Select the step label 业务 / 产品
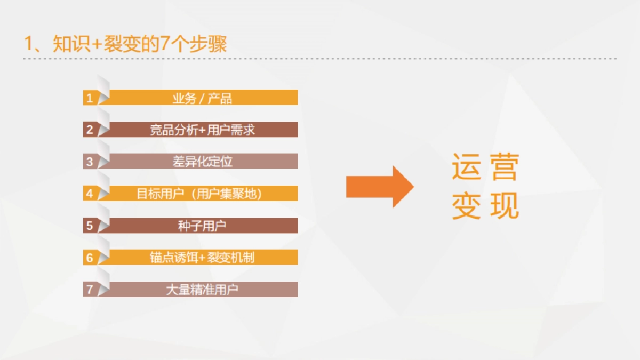tap(202, 98)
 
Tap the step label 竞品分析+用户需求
tap(202, 130)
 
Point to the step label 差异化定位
tap(202, 162)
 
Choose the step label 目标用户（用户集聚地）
tap(199, 194)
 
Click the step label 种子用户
tap(202, 226)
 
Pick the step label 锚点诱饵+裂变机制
tap(202, 258)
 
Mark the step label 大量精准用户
tap(202, 290)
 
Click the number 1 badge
tap(90, 98)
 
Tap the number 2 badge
tap(90, 130)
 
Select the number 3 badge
tap(90, 162)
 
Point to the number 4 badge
tap(90, 194)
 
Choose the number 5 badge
tap(90, 226)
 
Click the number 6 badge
tap(90, 258)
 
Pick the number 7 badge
tap(90, 290)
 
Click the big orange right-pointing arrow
tap(379, 187)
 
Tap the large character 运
tap(467, 167)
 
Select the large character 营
tap(504, 167)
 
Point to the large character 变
tap(467, 205)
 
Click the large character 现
tap(504, 205)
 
